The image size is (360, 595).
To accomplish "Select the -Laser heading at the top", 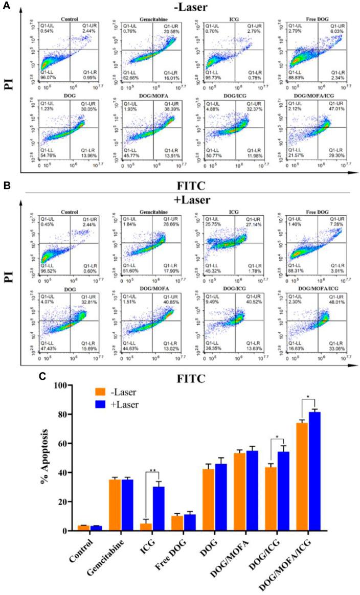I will pos(183,7).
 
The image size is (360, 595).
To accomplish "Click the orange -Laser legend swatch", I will pos(100,393).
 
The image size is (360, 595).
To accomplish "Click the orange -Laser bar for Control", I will pos(84,528).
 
